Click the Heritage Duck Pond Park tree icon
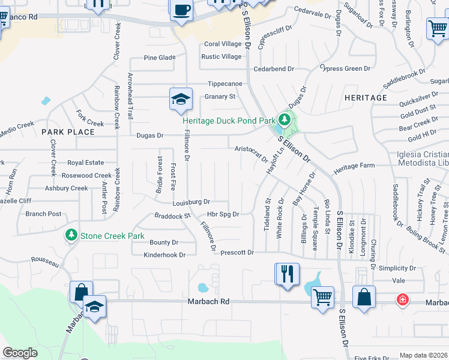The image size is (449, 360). point(286,119)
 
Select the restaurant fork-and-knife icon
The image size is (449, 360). point(286,274)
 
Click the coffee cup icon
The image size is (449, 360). point(181,10)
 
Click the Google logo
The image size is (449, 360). point(20,353)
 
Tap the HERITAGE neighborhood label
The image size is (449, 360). point(366,98)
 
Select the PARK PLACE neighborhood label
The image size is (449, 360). point(68,131)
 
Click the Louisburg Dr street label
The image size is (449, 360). point(191,202)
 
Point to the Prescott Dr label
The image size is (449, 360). point(237,253)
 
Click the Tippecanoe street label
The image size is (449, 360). point(225,84)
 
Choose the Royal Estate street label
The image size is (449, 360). point(85,163)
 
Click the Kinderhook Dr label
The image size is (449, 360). point(164,255)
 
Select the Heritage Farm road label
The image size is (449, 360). point(354,166)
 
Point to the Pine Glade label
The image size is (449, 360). point(160,58)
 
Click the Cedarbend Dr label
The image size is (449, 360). point(274,69)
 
